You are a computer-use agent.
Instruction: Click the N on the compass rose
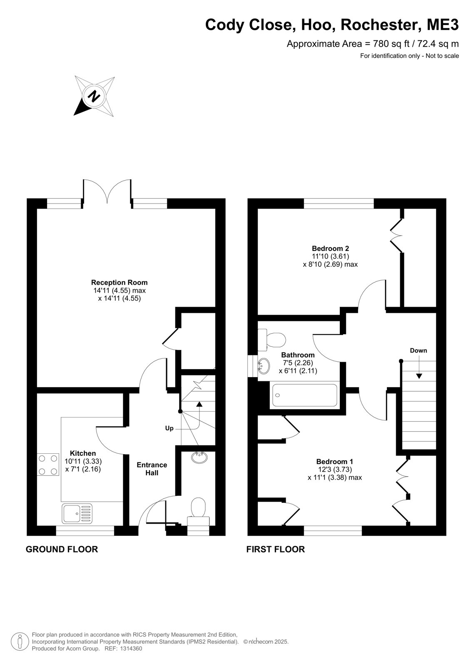point(95,96)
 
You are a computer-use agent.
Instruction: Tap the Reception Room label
point(119,282)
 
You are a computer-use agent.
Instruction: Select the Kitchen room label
point(83,453)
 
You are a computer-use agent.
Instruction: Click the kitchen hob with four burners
point(48,465)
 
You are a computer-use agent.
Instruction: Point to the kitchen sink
point(77,514)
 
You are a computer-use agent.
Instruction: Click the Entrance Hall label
point(152,469)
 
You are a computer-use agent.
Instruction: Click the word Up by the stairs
point(169,428)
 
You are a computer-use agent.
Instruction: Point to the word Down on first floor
point(419,350)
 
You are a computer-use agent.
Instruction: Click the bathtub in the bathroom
point(305,395)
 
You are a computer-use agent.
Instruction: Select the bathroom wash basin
point(264,366)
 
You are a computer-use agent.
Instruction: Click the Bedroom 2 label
point(330,248)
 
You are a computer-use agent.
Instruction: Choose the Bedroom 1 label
point(334,462)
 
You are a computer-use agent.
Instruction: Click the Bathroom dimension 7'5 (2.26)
point(298,363)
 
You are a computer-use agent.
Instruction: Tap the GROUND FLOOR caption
point(62,549)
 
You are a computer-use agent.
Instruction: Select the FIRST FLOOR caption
point(276,549)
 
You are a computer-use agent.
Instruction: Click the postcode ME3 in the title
point(443,25)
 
